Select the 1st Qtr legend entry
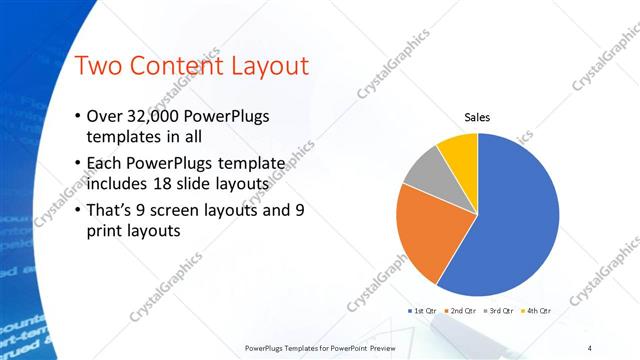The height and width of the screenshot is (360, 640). [x=423, y=311]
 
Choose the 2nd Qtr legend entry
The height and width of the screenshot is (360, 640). [x=462, y=311]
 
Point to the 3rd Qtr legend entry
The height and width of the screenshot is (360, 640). [x=499, y=311]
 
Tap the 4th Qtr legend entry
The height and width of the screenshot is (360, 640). [x=536, y=311]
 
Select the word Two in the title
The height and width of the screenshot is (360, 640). [x=98, y=67]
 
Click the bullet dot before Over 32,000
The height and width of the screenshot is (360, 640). [x=78, y=117]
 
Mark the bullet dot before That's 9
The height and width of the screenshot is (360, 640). [x=78, y=210]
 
